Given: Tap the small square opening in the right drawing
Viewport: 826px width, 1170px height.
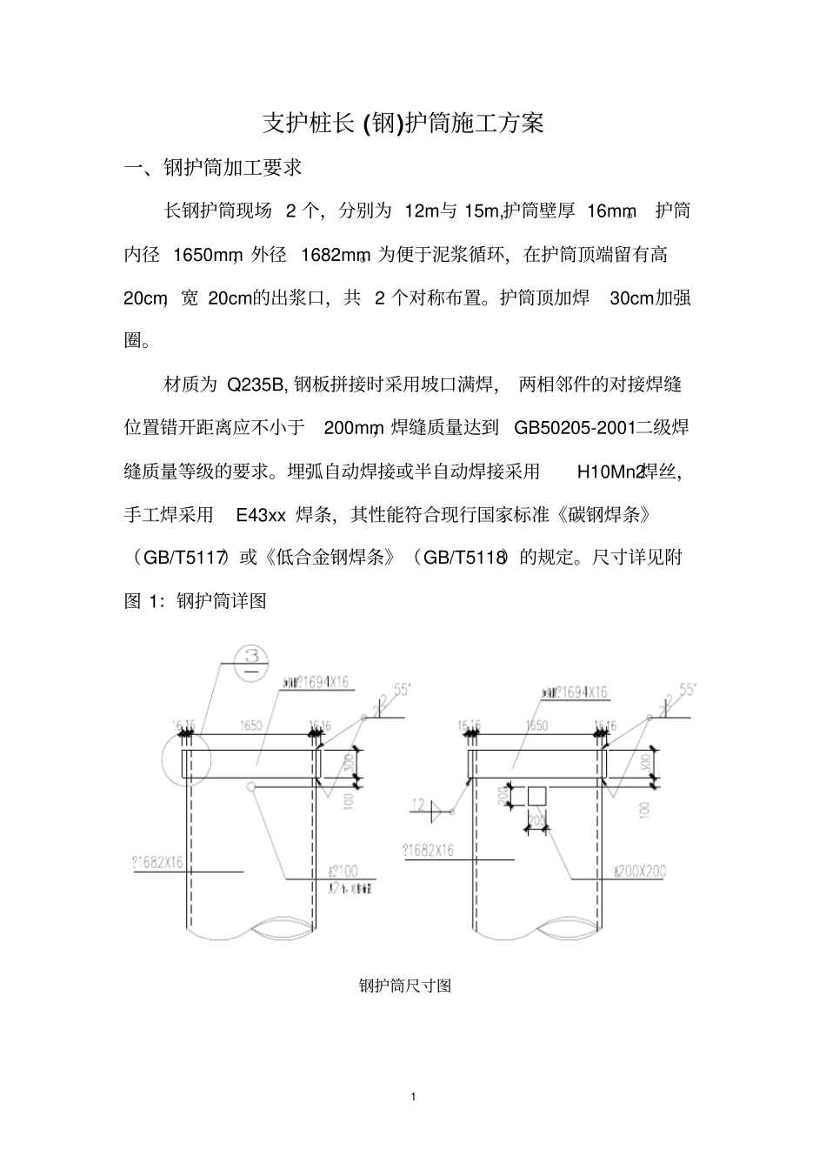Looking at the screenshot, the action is [536, 796].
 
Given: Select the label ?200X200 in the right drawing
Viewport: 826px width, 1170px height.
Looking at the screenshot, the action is [639, 871].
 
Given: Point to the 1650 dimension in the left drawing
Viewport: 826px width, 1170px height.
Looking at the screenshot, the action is [251, 725].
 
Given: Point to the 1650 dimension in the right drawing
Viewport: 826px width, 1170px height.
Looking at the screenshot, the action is [536, 725].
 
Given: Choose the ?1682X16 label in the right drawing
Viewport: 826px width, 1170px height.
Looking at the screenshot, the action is [428, 850].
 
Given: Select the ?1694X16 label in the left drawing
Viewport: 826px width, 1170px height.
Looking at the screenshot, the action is [313, 683].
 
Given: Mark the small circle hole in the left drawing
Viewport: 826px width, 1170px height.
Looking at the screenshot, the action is [251, 787].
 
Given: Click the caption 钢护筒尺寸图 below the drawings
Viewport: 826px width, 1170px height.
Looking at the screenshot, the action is [404, 986].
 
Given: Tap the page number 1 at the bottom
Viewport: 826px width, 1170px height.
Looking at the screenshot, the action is [413, 1096].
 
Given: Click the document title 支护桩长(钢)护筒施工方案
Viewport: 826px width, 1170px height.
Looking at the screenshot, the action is [403, 124].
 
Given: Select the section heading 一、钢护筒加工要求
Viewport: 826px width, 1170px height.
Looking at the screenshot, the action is [213, 168].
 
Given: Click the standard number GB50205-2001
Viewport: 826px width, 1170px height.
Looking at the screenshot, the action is [574, 427].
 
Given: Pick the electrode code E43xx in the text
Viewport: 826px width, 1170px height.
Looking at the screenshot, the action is [261, 514].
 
